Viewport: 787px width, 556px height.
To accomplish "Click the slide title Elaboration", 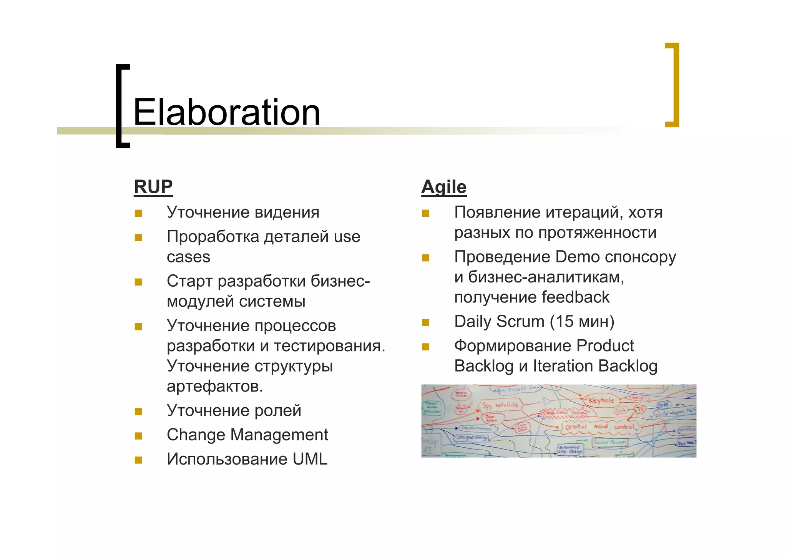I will click(227, 112).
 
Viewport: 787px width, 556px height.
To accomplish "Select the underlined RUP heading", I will click(153, 187).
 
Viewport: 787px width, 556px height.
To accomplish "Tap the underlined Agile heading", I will click(444, 187).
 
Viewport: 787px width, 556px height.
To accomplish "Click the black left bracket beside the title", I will click(121, 106).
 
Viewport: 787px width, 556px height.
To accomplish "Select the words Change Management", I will click(247, 435).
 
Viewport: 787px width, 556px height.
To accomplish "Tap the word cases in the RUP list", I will click(188, 257).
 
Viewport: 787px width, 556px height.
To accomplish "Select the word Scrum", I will click(520, 321).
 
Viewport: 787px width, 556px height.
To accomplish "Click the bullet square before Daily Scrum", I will click(425, 322).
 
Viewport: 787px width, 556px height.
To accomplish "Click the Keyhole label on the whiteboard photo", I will click(601, 400).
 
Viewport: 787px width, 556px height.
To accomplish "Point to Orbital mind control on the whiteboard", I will click(599, 427).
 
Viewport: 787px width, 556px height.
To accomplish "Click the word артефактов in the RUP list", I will click(214, 386).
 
